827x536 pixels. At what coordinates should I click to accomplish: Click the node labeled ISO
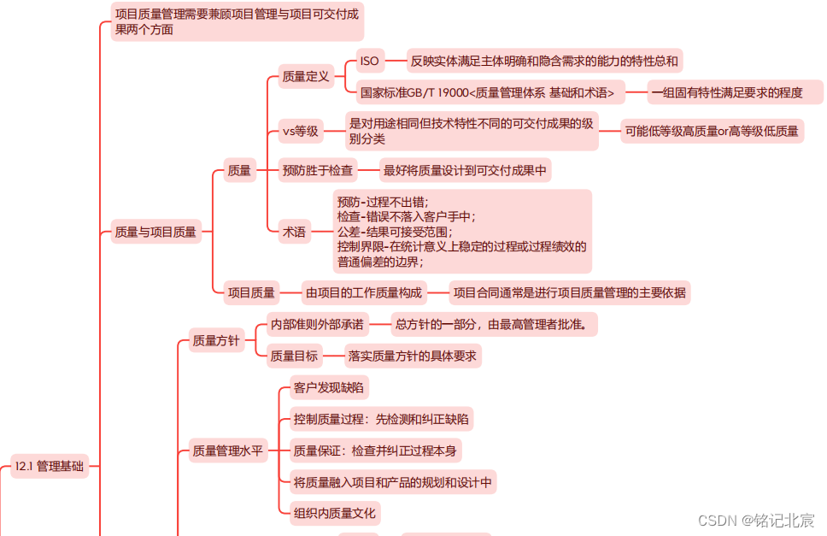click(x=369, y=61)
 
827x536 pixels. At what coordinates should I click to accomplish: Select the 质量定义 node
click(x=306, y=77)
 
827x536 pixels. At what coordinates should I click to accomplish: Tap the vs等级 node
click(x=300, y=131)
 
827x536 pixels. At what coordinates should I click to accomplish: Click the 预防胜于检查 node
click(x=317, y=171)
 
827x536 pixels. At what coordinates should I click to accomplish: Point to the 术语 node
click(x=294, y=231)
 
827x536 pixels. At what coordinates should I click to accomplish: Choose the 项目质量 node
click(x=251, y=293)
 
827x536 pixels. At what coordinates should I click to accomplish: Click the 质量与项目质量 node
click(x=155, y=231)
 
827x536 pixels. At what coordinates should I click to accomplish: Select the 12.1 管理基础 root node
click(x=50, y=466)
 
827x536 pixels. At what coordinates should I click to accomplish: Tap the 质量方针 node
click(x=216, y=341)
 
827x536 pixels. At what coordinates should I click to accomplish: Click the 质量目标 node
click(x=294, y=356)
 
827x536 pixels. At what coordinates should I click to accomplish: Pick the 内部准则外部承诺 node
click(x=317, y=325)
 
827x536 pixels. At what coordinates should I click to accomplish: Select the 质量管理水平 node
click(x=227, y=451)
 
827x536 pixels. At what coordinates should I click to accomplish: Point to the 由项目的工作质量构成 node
click(x=364, y=293)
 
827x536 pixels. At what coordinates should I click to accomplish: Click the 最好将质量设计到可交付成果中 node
click(x=465, y=171)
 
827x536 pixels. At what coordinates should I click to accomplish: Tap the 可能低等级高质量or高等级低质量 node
click(x=712, y=131)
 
